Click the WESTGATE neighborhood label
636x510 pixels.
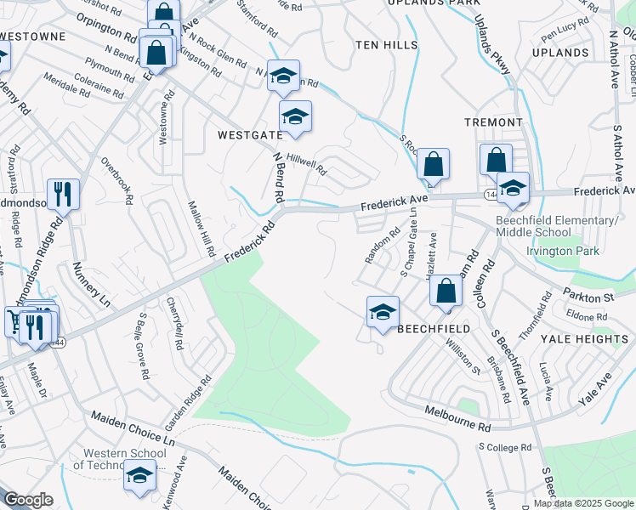pyautogui.click(x=249, y=135)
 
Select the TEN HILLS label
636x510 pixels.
pyautogui.click(x=387, y=44)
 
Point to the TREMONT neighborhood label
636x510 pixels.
pyautogui.click(x=493, y=122)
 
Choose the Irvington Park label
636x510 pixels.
pyautogui.click(x=563, y=251)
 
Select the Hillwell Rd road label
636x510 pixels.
pyautogui.click(x=307, y=164)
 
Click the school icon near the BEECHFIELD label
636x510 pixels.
pyautogui.click(x=383, y=311)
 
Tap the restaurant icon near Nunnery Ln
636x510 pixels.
pyautogui.click(x=62, y=194)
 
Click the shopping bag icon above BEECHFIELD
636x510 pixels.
pyautogui.click(x=446, y=291)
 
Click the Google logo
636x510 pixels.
pyautogui.click(x=28, y=500)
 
